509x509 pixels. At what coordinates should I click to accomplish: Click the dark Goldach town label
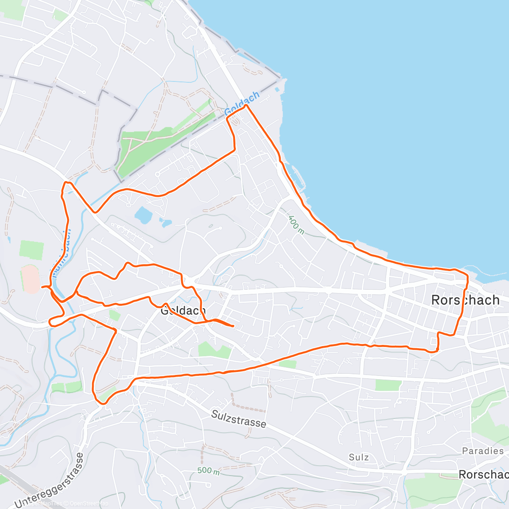click(x=183, y=311)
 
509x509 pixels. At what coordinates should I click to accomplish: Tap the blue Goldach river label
click(x=242, y=103)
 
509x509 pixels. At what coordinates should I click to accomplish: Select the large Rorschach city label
click(x=465, y=300)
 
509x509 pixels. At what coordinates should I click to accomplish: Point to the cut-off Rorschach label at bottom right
click(x=484, y=474)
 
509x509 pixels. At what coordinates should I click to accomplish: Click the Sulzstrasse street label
click(x=239, y=419)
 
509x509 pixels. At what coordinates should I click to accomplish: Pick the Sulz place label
click(x=359, y=457)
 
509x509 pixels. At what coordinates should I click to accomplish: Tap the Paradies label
click(x=483, y=451)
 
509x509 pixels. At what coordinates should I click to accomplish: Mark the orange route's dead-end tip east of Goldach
click(x=233, y=326)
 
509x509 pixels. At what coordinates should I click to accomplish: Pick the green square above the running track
click(x=31, y=250)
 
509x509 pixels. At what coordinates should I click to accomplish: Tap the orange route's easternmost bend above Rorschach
click(x=467, y=278)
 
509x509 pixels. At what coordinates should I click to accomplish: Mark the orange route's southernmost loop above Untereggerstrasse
click(x=100, y=401)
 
